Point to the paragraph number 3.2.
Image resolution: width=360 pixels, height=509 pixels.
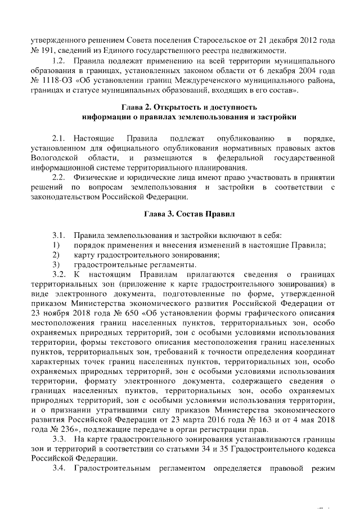pos(60,274)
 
